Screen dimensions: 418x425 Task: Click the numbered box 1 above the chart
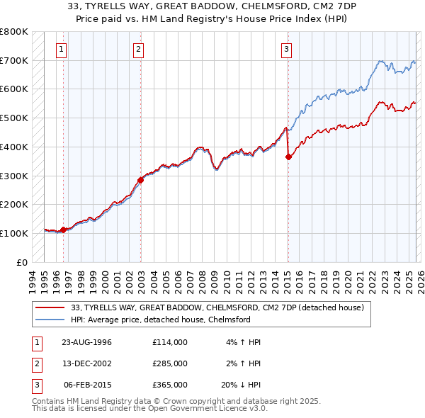point(62,50)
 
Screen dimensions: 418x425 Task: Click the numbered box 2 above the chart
point(138,50)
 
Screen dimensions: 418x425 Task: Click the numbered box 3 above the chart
point(286,50)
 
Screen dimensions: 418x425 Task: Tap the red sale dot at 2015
point(288,157)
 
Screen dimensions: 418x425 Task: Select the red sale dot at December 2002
point(140,180)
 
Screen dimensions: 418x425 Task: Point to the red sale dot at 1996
point(64,230)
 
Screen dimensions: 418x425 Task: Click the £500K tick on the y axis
point(14,118)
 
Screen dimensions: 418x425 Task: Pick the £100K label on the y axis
point(14,233)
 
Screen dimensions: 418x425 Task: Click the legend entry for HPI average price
point(161,320)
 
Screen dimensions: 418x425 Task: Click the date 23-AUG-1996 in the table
point(86,342)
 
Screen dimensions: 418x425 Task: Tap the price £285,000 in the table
point(170,363)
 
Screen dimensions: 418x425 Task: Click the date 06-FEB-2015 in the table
point(86,385)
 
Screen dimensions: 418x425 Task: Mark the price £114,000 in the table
point(170,342)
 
